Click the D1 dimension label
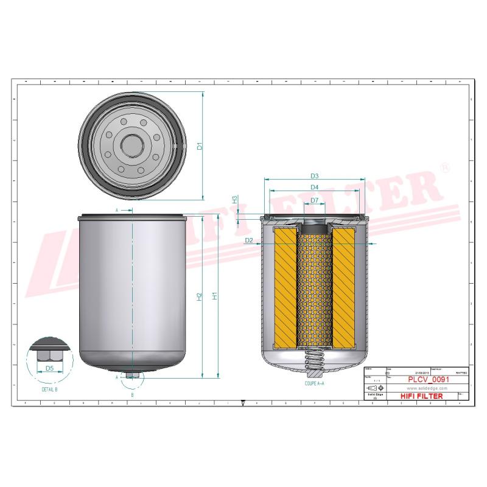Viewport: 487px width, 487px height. (199, 146)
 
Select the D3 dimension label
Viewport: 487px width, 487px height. (314, 176)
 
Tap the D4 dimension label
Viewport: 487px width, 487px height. (314, 187)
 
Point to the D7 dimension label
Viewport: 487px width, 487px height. (314, 200)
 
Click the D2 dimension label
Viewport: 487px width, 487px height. (248, 241)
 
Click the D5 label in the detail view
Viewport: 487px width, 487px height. (49, 368)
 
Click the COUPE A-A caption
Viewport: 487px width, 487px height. (314, 384)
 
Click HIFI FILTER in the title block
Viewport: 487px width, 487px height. (421, 396)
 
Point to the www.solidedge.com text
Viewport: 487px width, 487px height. (424, 388)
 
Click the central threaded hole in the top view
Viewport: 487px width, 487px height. (131, 145)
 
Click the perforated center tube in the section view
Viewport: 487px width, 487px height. (314, 286)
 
